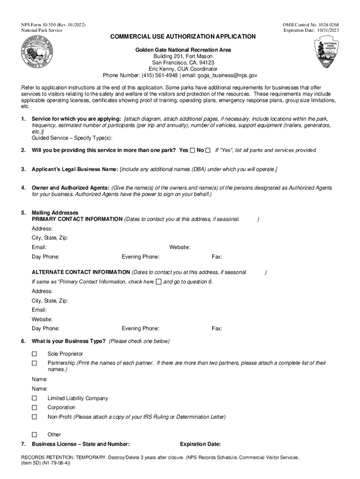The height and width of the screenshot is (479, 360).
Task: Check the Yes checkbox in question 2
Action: click(x=192, y=151)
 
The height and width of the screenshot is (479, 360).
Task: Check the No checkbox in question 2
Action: click(x=208, y=151)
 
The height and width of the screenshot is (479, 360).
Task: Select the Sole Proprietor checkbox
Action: click(x=34, y=354)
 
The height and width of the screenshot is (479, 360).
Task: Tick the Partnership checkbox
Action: click(x=34, y=363)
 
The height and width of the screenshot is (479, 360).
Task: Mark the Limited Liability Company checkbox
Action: click(x=34, y=398)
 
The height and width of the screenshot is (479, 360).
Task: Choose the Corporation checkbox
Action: click(x=34, y=407)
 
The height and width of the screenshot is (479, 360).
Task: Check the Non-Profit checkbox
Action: click(x=34, y=417)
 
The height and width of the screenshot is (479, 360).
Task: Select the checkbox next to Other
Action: click(x=34, y=435)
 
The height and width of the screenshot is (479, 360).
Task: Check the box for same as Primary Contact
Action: click(x=158, y=282)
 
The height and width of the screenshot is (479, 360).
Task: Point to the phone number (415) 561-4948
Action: click(x=143, y=75)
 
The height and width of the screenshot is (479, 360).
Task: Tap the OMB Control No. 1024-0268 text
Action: click(x=310, y=24)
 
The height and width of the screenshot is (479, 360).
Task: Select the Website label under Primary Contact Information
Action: click(x=180, y=247)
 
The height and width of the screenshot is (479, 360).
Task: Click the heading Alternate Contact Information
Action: click(x=80, y=272)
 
